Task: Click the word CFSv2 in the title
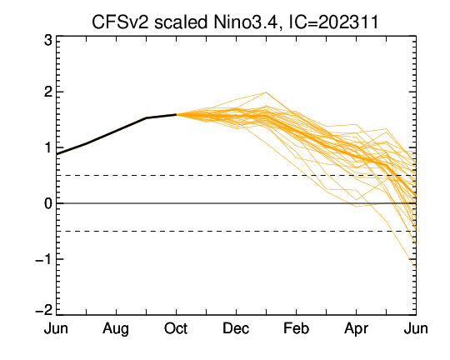tap(120, 22)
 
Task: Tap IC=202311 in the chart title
tap(333, 22)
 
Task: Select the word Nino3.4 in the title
tap(246, 22)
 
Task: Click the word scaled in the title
tap(181, 22)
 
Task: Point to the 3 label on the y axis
tap(48, 41)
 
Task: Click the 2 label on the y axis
tap(48, 92)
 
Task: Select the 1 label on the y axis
tap(48, 147)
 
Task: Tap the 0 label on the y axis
tap(48, 203)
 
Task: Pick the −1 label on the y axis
tap(44, 259)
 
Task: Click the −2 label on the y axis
tap(44, 310)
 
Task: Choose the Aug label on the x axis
tap(116, 329)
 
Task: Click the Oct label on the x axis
tap(176, 328)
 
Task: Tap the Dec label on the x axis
tap(236, 328)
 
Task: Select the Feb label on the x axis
tap(296, 328)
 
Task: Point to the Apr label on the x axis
tap(356, 329)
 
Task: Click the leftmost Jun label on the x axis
tap(56, 328)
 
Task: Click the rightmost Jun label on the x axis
tap(416, 328)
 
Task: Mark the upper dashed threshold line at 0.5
tap(236, 175)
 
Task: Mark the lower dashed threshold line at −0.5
tap(236, 231)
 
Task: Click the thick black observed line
tap(116, 131)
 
